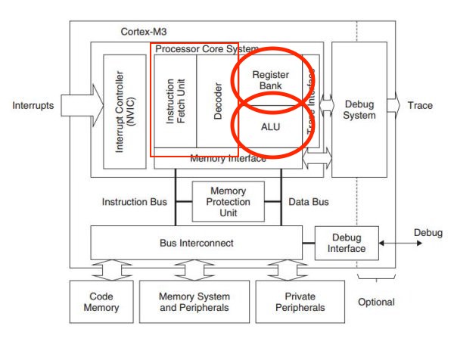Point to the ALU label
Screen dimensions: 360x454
[x=271, y=127]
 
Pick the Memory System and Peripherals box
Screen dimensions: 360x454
[x=194, y=302]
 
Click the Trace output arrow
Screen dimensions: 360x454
[x=395, y=105]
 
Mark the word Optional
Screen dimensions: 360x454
[x=375, y=302]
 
